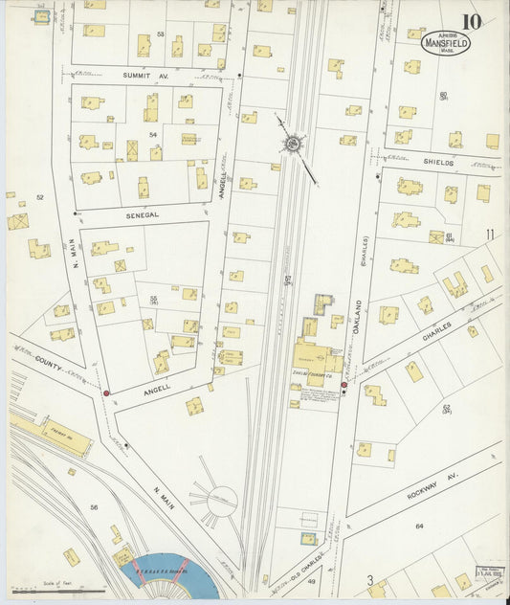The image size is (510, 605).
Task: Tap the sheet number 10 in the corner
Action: [471, 21]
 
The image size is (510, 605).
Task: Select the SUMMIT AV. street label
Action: [144, 74]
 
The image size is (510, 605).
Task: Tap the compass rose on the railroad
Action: [290, 145]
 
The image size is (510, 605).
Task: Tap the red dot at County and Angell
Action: [106, 392]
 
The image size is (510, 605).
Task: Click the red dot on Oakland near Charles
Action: [344, 385]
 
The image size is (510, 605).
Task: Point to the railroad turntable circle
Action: [222, 500]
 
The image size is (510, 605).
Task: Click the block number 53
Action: [161, 34]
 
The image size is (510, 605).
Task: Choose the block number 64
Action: [418, 526]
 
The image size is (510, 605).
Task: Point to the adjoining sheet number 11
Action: [489, 234]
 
